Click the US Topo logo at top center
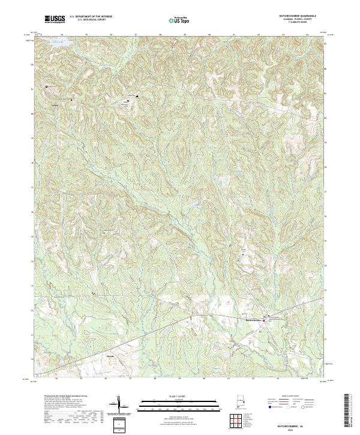pos(179,20)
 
